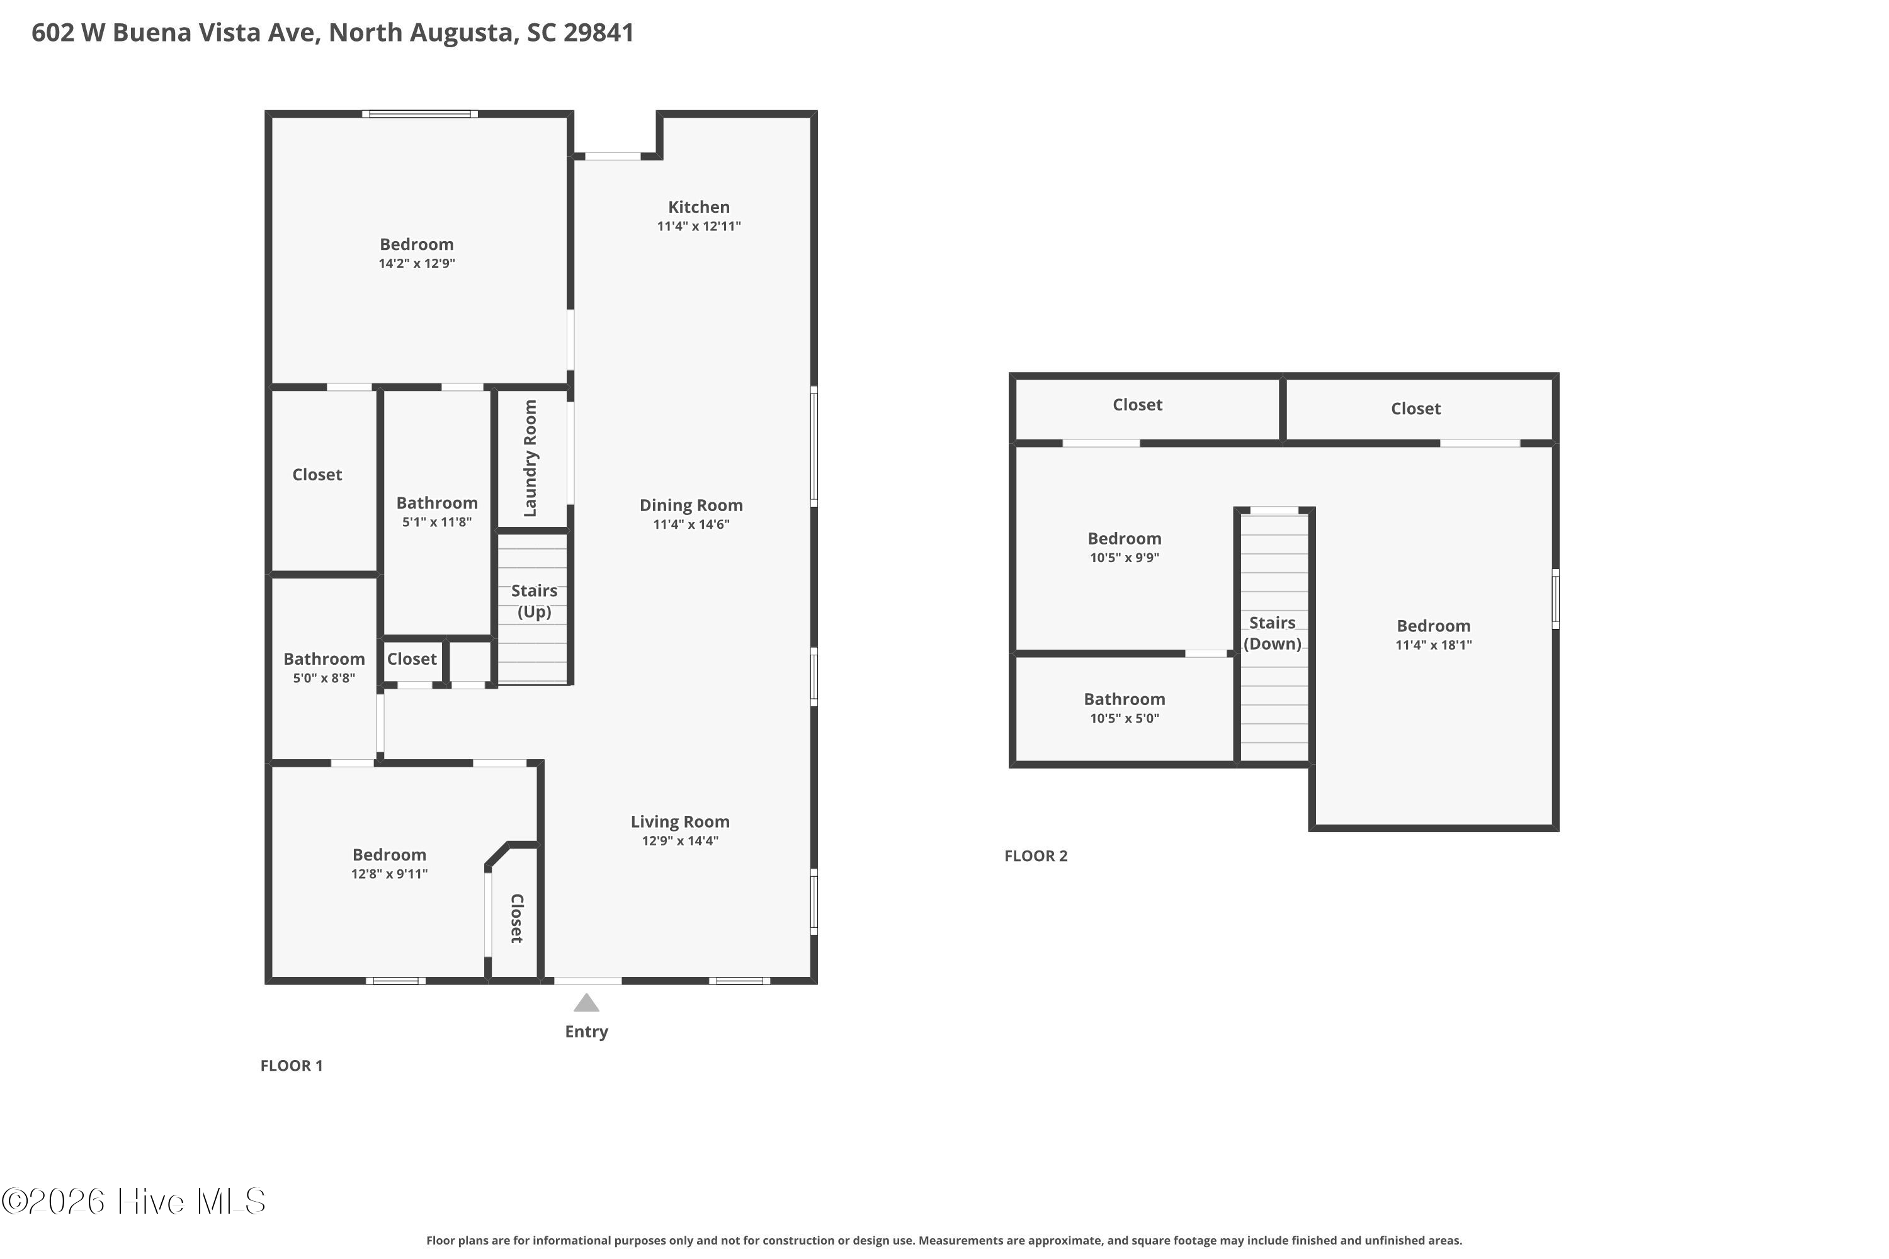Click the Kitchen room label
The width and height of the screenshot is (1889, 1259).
[x=699, y=207]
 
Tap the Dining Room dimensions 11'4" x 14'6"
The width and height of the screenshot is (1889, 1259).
[x=691, y=524]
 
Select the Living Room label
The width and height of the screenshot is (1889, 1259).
[x=679, y=822]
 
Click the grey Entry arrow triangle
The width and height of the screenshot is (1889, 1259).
[x=586, y=1003]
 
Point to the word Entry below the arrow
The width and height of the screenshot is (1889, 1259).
[x=586, y=1032]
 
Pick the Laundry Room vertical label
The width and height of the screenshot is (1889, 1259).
[x=530, y=458]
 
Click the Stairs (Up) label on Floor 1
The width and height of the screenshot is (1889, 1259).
[x=534, y=601]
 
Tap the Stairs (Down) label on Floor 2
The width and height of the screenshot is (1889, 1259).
[x=1272, y=633]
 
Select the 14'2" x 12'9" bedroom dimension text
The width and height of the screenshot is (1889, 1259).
[x=417, y=263]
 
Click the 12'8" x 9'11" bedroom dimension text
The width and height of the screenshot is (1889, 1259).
[x=390, y=874]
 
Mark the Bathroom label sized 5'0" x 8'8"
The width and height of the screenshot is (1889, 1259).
[x=324, y=659]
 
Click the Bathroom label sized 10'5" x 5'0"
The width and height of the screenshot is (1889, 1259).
[x=1125, y=699]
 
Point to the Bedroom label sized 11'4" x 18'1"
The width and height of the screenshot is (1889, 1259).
[x=1434, y=626]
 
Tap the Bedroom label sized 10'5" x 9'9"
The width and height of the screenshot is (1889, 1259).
[x=1125, y=539]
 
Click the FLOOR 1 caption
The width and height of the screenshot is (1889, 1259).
[x=292, y=1066]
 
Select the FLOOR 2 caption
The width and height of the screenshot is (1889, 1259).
[x=1036, y=856]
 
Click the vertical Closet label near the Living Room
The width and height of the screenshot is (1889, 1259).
[x=517, y=918]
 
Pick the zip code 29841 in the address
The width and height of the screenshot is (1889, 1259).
[x=598, y=32]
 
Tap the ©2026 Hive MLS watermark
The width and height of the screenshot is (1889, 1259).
[x=133, y=1201]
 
